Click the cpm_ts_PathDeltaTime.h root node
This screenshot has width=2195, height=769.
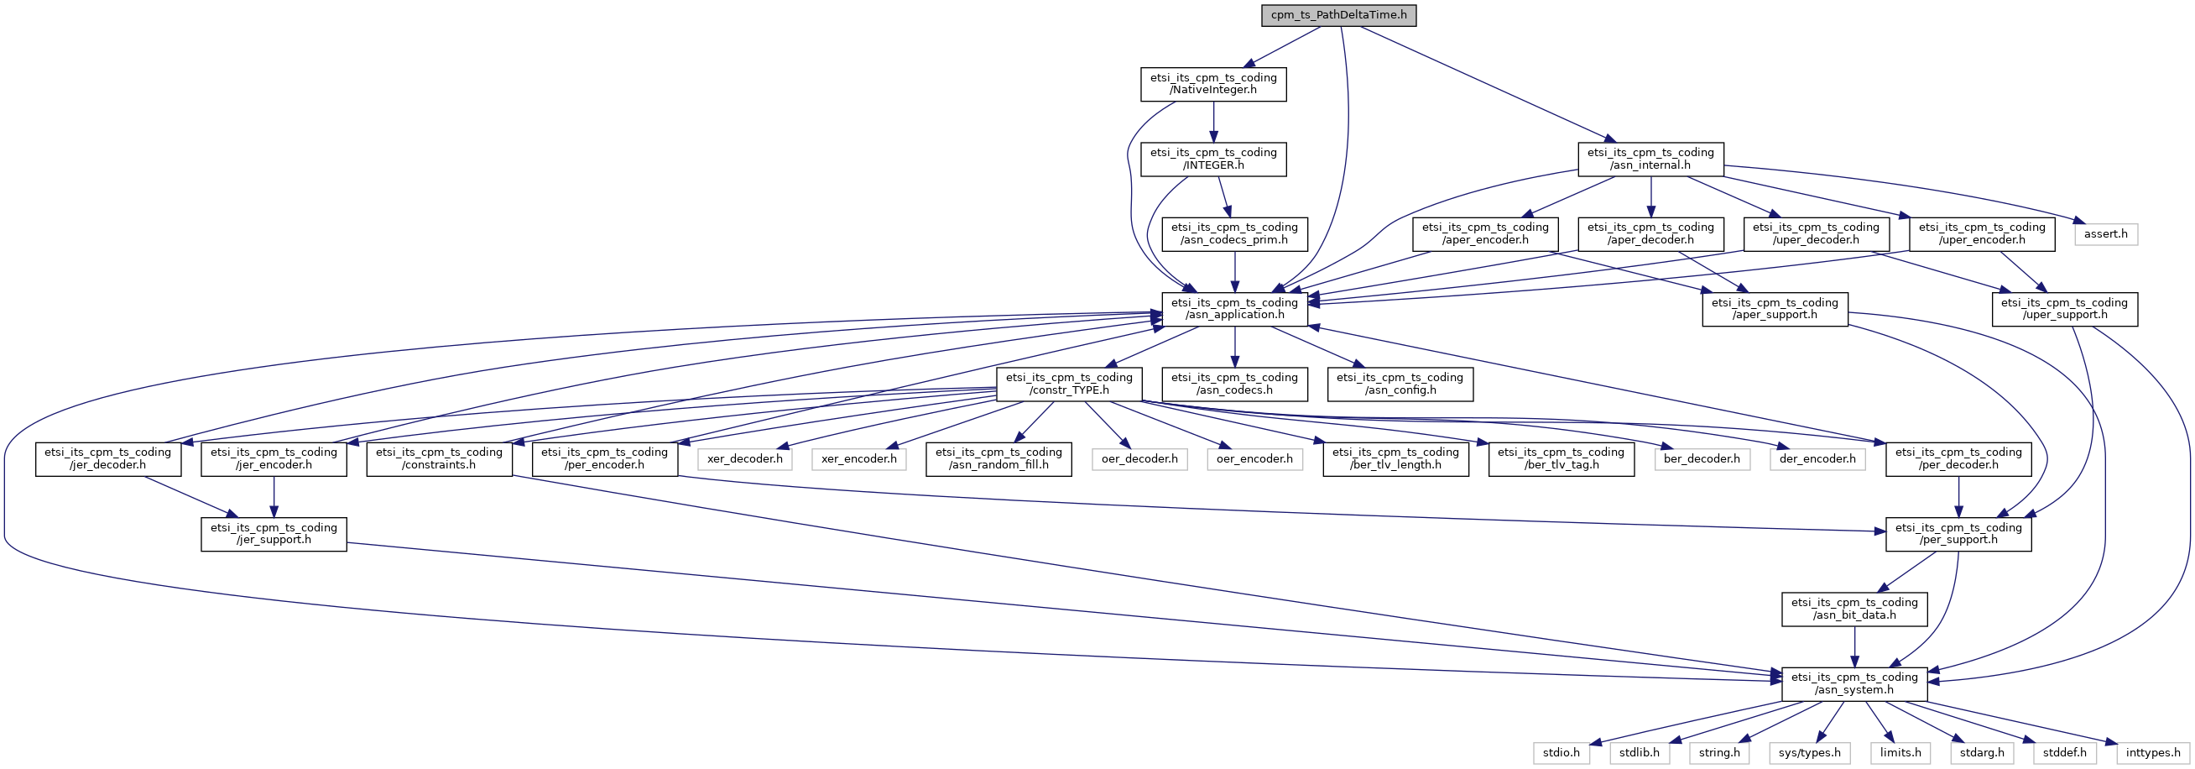[x=1338, y=15]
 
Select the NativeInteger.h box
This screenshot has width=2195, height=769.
[x=1213, y=84]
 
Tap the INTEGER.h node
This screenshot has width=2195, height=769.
[x=1213, y=159]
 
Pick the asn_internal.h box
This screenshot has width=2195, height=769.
[x=1650, y=159]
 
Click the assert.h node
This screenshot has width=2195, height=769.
[x=2105, y=233]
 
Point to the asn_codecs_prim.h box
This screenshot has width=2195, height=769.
[x=1235, y=233]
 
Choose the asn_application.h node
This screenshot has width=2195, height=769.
[x=1235, y=309]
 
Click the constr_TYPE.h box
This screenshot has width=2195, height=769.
[x=1069, y=384]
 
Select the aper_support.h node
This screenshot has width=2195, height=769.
[x=1775, y=309]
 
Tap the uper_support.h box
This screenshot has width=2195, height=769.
[x=2064, y=309]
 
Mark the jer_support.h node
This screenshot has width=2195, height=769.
[x=274, y=534]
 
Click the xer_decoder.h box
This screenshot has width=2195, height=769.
[x=745, y=458]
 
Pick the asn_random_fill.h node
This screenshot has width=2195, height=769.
[x=998, y=458]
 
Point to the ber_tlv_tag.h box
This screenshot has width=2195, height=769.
[x=1561, y=458]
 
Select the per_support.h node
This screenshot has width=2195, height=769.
[x=1958, y=534]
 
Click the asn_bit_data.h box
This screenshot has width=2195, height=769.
[x=1854, y=609]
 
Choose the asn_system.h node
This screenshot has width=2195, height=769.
[x=1854, y=683]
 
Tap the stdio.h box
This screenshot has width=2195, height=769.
[x=1561, y=753]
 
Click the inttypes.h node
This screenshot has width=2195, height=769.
[x=2153, y=753]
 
